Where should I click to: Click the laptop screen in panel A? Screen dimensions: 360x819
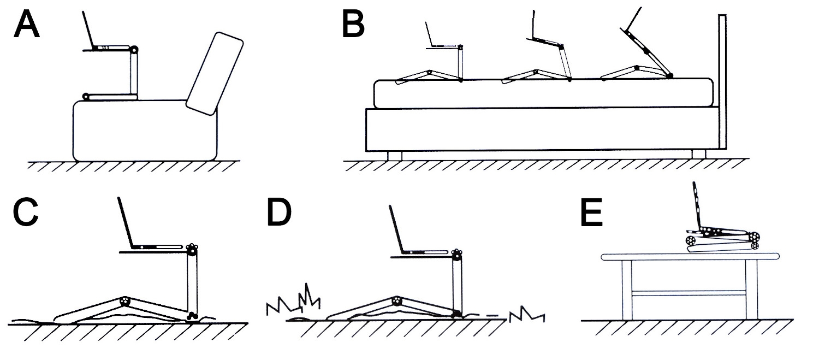click(x=88, y=30)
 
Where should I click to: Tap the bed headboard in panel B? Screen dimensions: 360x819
click(x=722, y=82)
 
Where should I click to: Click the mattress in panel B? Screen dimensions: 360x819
click(x=543, y=93)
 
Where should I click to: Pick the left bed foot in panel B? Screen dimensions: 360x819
click(x=394, y=155)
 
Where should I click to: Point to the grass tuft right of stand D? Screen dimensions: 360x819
click(x=527, y=315)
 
